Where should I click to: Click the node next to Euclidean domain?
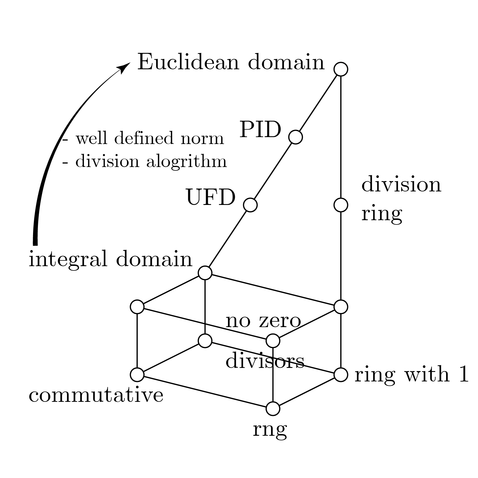pyautogui.click(x=341, y=69)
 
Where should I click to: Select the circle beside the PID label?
pyautogui.click(x=295, y=137)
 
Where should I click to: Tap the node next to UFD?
pyautogui.click(x=250, y=205)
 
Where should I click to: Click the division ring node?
pyautogui.click(x=341, y=205)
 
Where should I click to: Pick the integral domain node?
pyautogui.click(x=205, y=273)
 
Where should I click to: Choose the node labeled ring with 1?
pyautogui.click(x=341, y=375)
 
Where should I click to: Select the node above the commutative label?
pyautogui.click(x=137, y=375)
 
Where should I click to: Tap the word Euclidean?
pyautogui.click(x=188, y=62)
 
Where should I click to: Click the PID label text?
pyautogui.click(x=260, y=130)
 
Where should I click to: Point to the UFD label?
pyautogui.click(x=211, y=198)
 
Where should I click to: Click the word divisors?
pyautogui.click(x=265, y=361)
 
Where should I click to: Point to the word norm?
pyautogui.click(x=202, y=139)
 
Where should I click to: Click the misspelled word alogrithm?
pyautogui.click(x=187, y=162)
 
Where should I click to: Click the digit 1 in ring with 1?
pyautogui.click(x=463, y=375)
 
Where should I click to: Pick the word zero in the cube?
pyautogui.click(x=280, y=321)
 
